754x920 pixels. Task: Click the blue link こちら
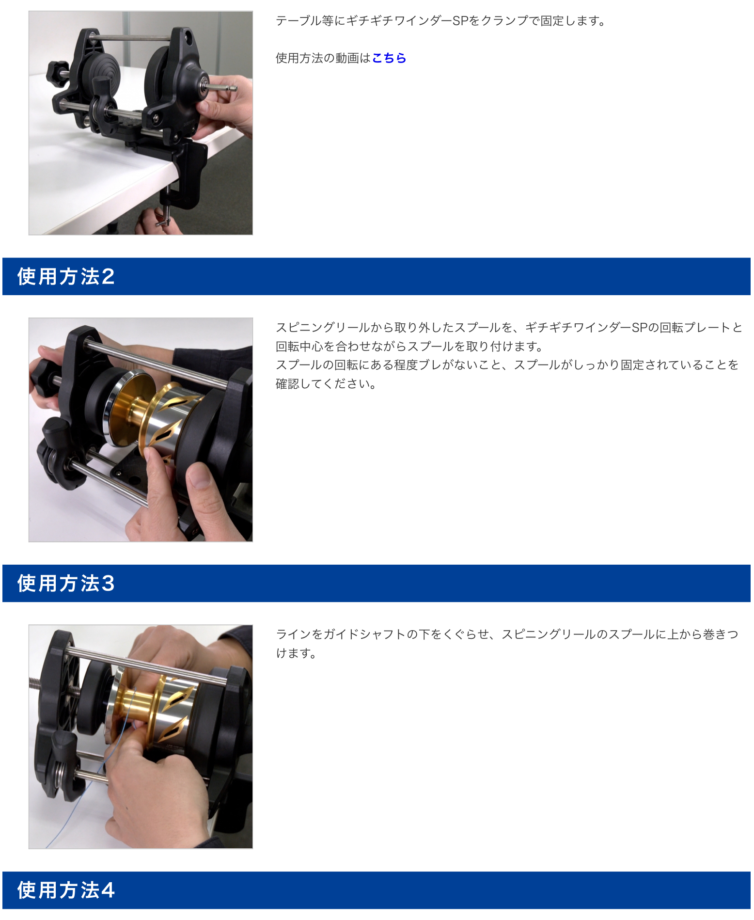click(389, 58)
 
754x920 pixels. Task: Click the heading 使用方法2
click(66, 276)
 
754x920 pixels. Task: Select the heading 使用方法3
click(66, 583)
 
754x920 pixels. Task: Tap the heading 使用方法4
click(66, 890)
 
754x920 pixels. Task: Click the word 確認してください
click(323, 384)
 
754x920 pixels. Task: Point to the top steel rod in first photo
click(131, 38)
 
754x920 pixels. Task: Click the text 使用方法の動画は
click(323, 58)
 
